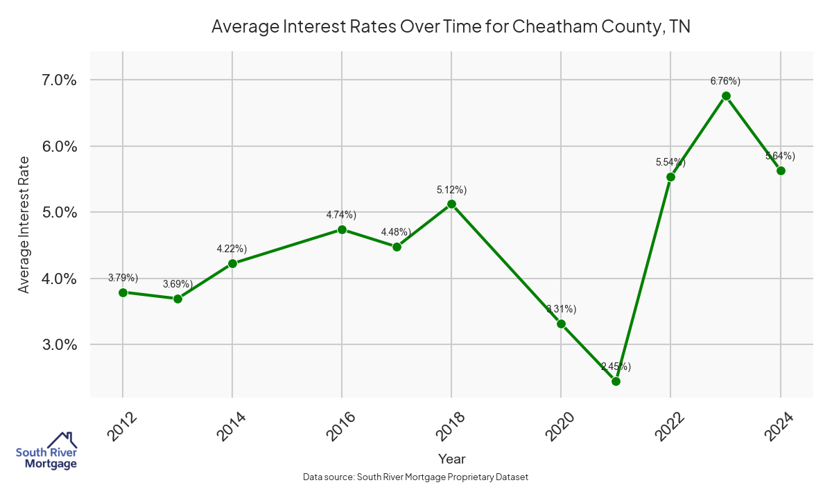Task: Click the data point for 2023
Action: pos(726,96)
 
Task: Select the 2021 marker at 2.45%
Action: pos(616,381)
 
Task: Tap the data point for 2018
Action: pos(451,204)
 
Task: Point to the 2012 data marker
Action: pos(123,292)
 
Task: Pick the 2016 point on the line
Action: pos(342,229)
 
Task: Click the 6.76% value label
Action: pos(725,81)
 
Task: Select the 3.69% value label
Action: pos(177,284)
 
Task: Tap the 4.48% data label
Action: pos(396,232)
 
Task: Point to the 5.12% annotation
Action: pos(451,189)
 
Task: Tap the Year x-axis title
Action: pos(451,459)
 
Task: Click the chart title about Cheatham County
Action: pos(451,27)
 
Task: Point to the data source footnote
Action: pos(416,477)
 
